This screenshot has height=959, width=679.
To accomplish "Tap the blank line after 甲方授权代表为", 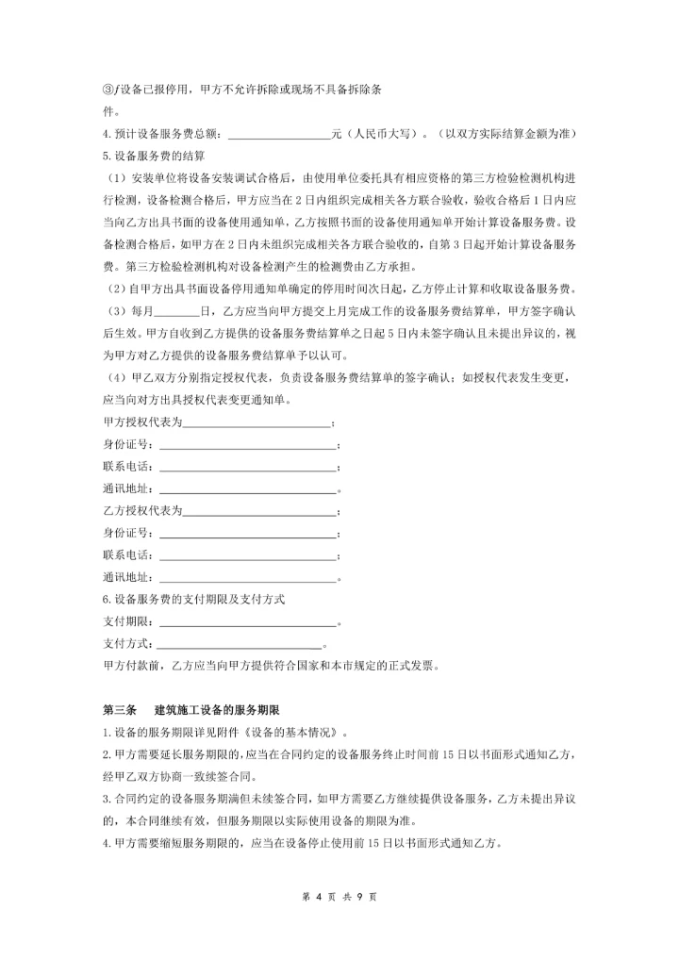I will coord(257,422).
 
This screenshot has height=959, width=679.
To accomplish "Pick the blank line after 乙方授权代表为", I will coord(259,512).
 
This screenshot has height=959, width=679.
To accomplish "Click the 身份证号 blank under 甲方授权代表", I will coord(247,445).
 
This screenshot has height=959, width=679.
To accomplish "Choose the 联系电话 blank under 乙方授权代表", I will coord(247,556).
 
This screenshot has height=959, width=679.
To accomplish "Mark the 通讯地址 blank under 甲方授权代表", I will coord(247,490).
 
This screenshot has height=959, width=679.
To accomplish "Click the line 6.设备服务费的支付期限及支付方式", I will coord(193,600).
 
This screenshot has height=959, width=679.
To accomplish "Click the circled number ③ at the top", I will coord(108,90).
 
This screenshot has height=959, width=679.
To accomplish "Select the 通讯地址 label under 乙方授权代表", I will coord(127,578).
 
